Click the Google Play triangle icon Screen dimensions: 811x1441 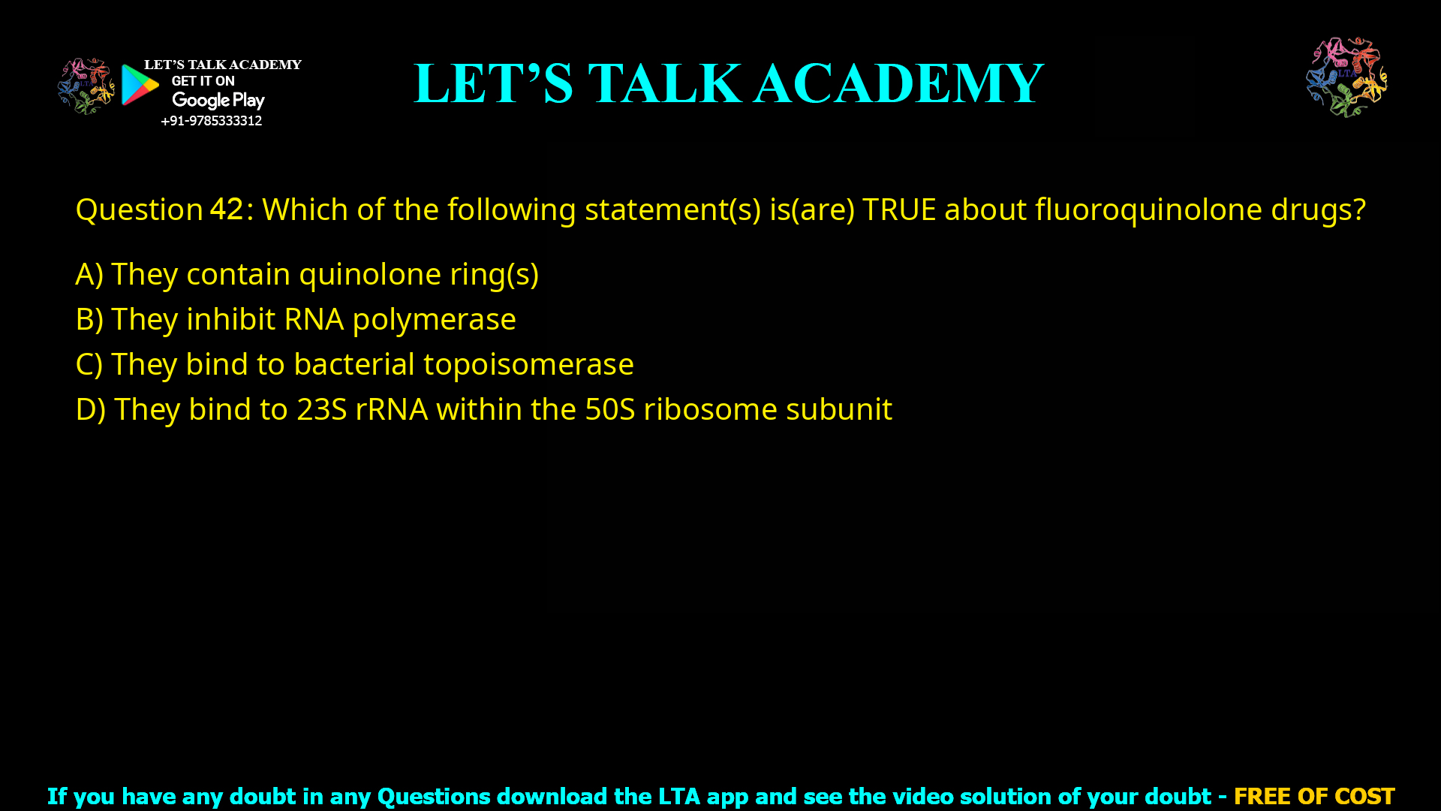pos(139,85)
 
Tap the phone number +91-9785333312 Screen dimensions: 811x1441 pos(211,121)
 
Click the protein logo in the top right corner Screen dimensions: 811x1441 pos(1346,77)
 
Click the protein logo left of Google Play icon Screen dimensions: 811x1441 pos(86,86)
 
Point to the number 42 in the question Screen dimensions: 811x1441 pos(226,210)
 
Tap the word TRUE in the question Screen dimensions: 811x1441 pos(899,210)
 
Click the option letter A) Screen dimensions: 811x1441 pos(89,274)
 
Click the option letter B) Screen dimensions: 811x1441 pos(89,319)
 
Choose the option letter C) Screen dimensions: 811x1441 pos(89,364)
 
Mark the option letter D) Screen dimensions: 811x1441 pos(90,409)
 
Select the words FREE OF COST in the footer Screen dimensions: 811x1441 pos(1313,796)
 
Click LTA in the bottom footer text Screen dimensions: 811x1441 pos(678,796)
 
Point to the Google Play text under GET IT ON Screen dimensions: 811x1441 pos(218,101)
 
